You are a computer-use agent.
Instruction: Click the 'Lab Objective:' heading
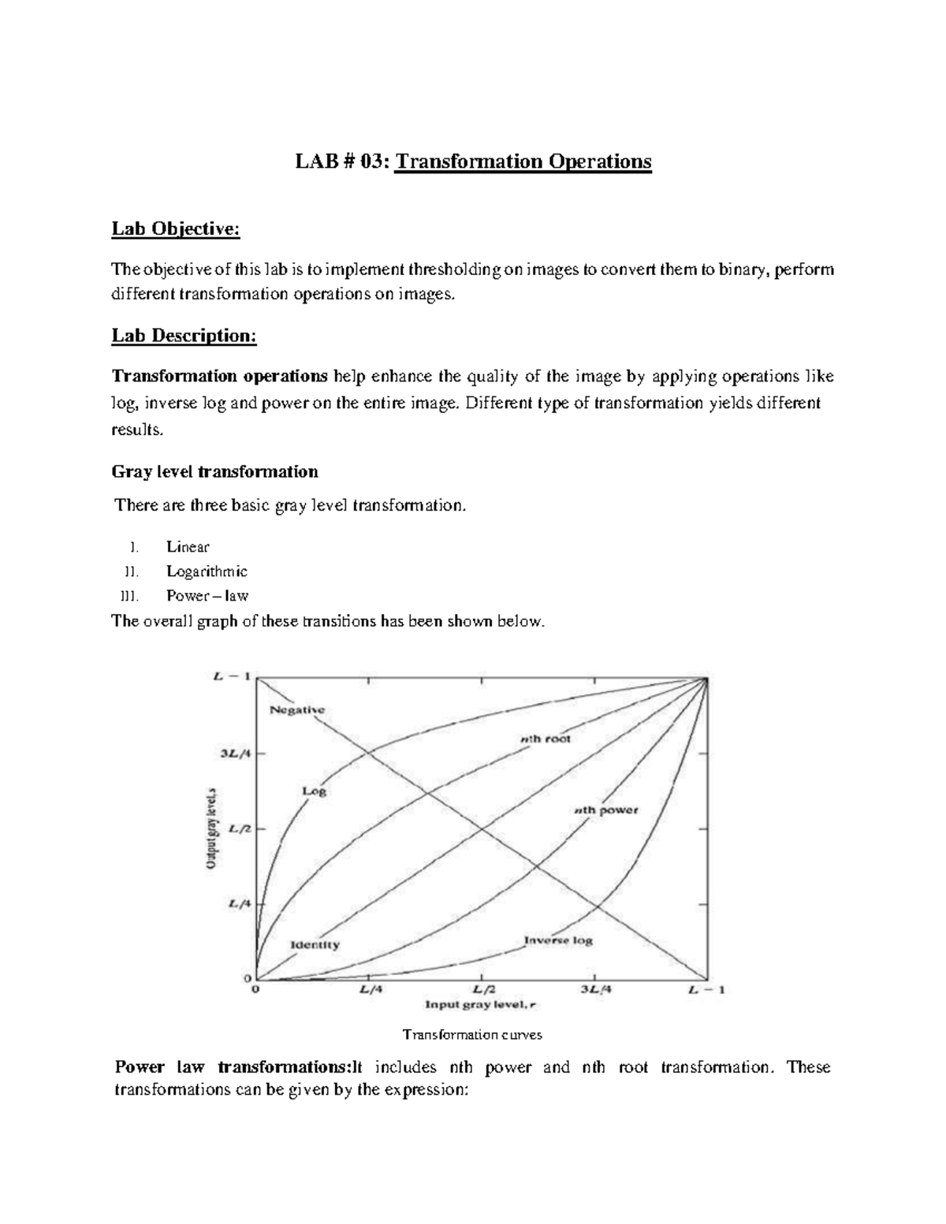[x=175, y=229]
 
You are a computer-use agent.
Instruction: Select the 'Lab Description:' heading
[x=184, y=336]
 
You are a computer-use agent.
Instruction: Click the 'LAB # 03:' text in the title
[x=342, y=162]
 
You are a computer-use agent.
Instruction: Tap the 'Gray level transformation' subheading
[x=215, y=471]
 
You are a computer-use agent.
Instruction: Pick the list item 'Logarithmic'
[x=207, y=571]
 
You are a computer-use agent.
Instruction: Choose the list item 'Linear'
[x=188, y=547]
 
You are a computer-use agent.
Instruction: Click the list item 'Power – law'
[x=207, y=596]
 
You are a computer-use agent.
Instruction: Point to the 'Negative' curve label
[x=297, y=709]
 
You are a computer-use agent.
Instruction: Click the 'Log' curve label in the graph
[x=314, y=791]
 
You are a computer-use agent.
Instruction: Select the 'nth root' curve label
[x=545, y=739]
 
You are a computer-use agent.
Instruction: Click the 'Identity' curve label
[x=315, y=944]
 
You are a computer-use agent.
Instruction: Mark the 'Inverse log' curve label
[x=558, y=940]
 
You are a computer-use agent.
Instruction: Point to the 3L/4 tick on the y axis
[x=236, y=753]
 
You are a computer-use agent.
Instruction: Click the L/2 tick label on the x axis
[x=483, y=990]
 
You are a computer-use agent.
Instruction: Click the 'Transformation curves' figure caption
[x=472, y=1034]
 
